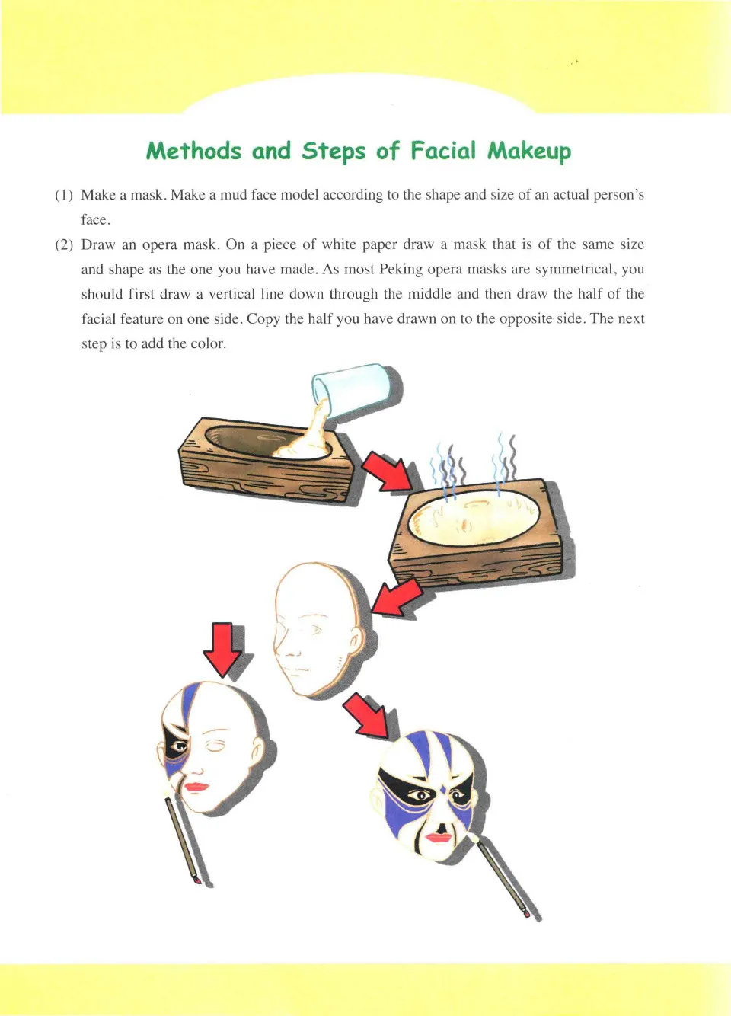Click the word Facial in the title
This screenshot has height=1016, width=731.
tap(443, 150)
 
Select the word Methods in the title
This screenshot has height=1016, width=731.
tap(193, 151)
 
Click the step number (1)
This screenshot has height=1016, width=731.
tap(64, 195)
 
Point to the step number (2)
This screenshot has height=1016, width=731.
tap(64, 244)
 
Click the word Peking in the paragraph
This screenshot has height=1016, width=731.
tap(401, 269)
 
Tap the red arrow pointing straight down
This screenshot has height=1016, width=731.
tap(222, 648)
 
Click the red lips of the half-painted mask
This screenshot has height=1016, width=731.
tap(196, 786)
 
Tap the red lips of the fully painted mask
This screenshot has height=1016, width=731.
tap(439, 837)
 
